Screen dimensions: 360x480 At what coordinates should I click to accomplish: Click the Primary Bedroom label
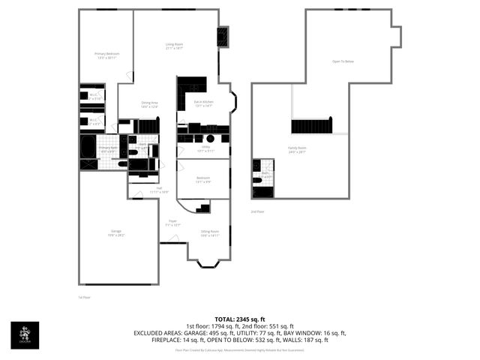tap(106, 54)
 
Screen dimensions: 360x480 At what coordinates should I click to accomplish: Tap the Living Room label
tap(175, 46)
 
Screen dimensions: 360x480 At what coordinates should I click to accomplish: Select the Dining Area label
tap(149, 104)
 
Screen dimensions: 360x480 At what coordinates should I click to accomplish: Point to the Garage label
tap(116, 233)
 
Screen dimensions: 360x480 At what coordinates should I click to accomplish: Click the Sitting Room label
tap(209, 232)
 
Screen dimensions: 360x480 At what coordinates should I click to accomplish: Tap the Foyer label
tap(172, 222)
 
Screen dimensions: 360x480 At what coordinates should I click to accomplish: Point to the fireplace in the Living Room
tap(223, 37)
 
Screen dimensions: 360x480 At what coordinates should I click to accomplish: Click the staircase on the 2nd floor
tap(311, 126)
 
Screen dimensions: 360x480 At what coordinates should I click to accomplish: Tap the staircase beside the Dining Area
tap(148, 125)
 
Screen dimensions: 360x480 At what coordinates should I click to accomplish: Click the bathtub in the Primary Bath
tap(88, 144)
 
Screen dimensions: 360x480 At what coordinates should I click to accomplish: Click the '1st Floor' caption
tap(84, 298)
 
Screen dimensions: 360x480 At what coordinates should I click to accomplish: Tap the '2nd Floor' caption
tap(258, 212)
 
